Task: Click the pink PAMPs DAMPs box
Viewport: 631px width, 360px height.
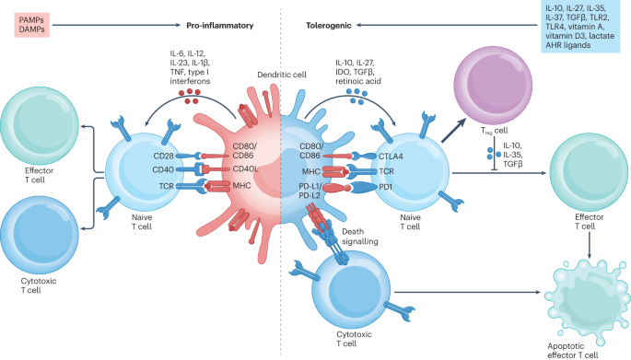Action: click(29, 25)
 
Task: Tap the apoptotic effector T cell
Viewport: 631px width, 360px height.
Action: click(586, 296)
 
